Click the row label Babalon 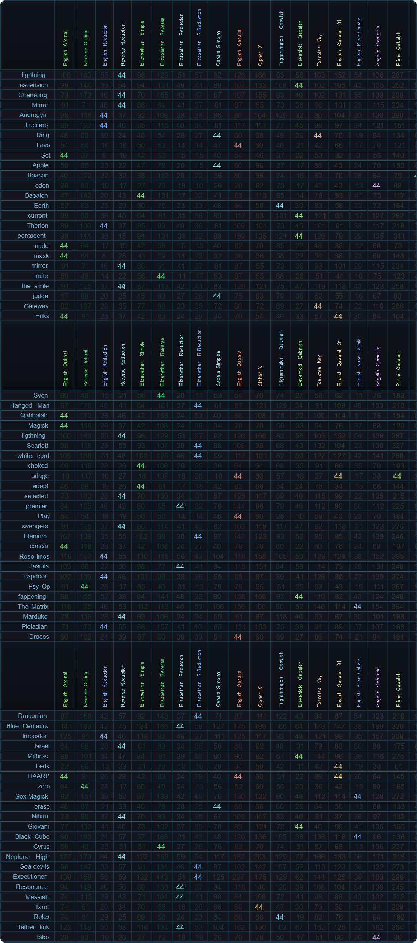pyautogui.click(x=36, y=195)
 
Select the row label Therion pyautogui.click(x=37, y=225)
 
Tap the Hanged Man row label pyautogui.click(x=30, y=405)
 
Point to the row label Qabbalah pyautogui.click(x=34, y=415)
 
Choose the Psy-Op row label pyautogui.click(x=39, y=586)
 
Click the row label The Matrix pyautogui.click(x=33, y=607)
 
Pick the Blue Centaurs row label pyautogui.click(x=27, y=726)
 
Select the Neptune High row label pyautogui.click(x=27, y=857)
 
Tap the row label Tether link pyautogui.click(x=33, y=927)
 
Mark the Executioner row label pyautogui.click(x=30, y=877)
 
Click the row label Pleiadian pyautogui.click(x=34, y=626)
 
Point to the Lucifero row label pyautogui.click(x=37, y=125)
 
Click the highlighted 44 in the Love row pyautogui.click(x=238, y=145)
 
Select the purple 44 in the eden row pyautogui.click(x=376, y=185)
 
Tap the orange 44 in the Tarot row pyautogui.click(x=259, y=907)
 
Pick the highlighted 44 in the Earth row pyautogui.click(x=280, y=206)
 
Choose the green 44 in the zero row pyautogui.click(x=84, y=786)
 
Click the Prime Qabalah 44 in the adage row pyautogui.click(x=397, y=476)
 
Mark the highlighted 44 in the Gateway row pyautogui.click(x=318, y=306)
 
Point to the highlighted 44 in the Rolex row pyautogui.click(x=280, y=917)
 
